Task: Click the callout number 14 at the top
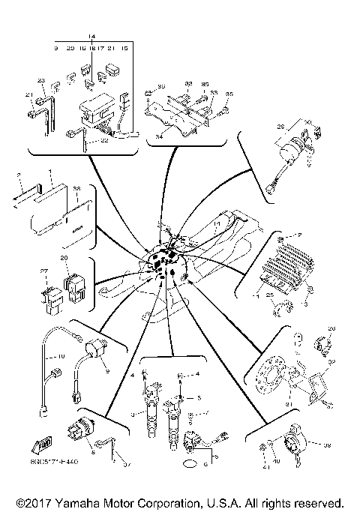point(91,36)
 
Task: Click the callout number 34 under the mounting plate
point(159,137)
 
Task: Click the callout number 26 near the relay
point(283,127)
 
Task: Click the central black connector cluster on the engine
point(166,260)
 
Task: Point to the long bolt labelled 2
point(25,197)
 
